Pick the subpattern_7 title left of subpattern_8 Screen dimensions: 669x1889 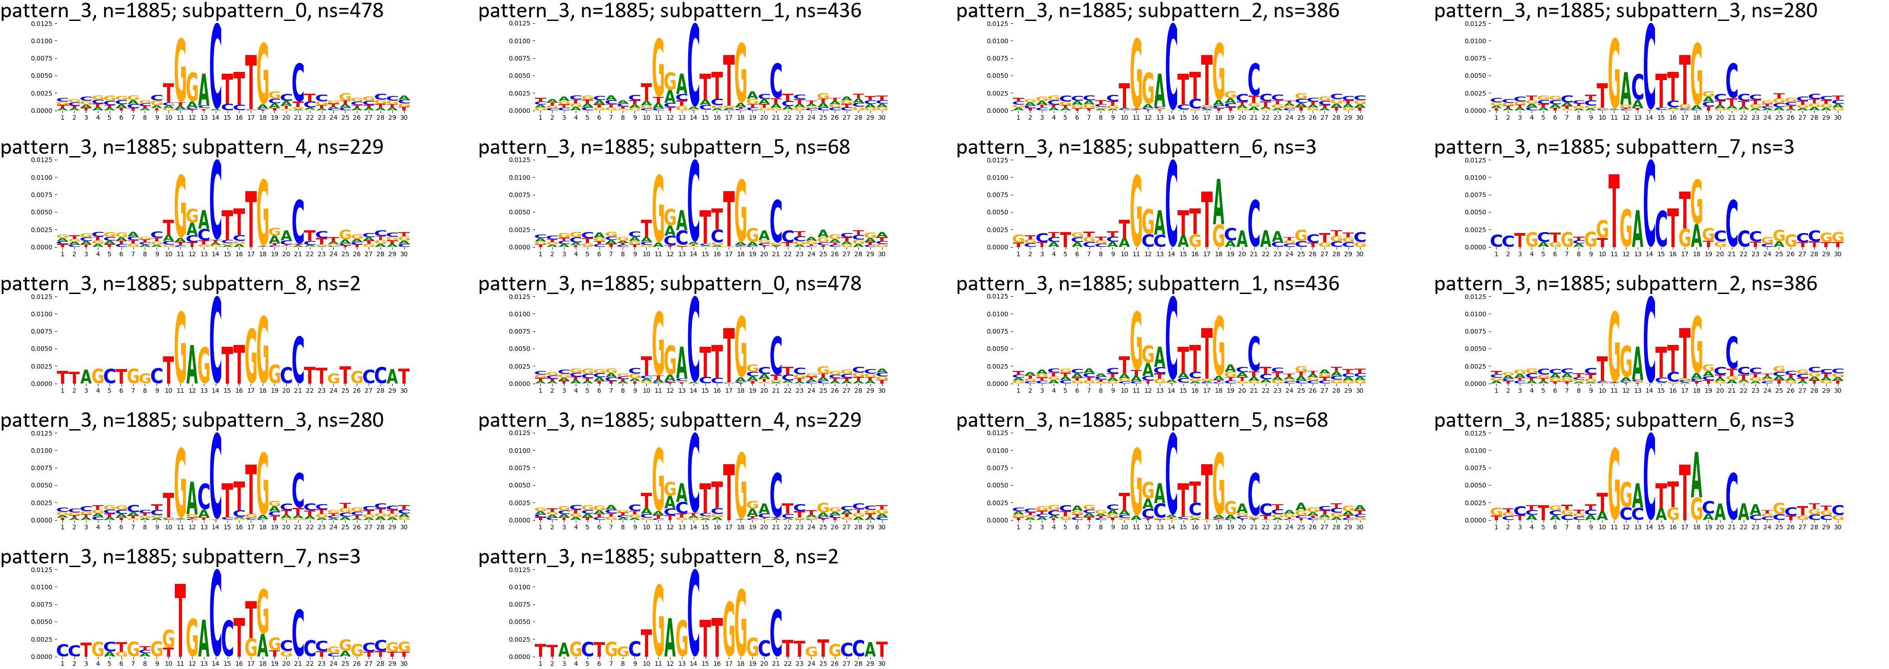pos(180,557)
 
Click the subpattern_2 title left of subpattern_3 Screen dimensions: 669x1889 pos(1148,11)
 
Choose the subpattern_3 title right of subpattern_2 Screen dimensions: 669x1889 pos(1626,11)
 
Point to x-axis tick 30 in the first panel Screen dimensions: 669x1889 pos(403,117)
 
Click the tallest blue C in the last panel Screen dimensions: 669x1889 pos(693,613)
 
